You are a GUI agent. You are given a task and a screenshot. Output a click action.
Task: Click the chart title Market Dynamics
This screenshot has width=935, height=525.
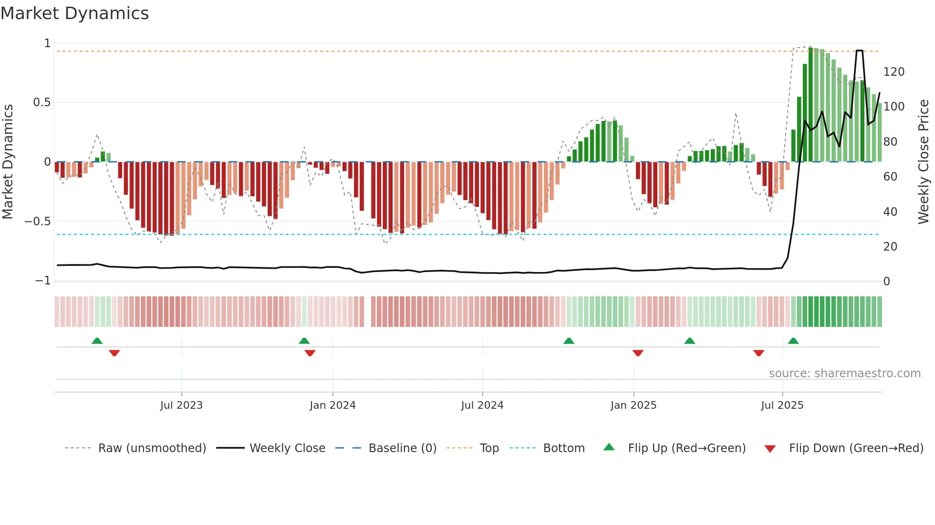pos(75,13)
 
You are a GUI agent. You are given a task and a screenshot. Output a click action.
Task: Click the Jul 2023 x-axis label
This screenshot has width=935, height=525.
pos(181,405)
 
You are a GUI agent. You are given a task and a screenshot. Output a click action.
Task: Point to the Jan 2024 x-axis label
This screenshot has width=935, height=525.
pos(332,405)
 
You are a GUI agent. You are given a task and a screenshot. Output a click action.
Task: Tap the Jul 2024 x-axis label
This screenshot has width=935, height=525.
pos(482,405)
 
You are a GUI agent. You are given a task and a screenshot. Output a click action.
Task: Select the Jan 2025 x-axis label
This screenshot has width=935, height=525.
pos(634,405)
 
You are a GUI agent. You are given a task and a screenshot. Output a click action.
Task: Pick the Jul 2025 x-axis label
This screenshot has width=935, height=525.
pos(782,405)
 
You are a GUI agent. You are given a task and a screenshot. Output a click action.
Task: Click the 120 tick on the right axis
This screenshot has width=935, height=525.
pos(893,72)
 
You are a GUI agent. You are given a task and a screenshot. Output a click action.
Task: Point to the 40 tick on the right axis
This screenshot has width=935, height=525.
pos(890,212)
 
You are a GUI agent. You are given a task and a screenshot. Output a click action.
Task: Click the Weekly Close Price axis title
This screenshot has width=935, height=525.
pos(924,162)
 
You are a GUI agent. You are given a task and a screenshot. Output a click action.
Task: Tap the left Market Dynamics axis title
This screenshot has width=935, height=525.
pos(8,162)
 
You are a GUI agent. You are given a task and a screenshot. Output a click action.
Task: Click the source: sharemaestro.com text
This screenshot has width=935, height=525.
pos(844,374)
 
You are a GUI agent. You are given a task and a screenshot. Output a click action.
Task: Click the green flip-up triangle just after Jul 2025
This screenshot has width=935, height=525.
pos(793,341)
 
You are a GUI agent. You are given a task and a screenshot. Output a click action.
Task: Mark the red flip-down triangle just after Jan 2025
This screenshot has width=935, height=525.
pos(638,353)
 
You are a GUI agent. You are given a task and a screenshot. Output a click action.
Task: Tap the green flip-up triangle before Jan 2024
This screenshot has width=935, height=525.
pos(304,341)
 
